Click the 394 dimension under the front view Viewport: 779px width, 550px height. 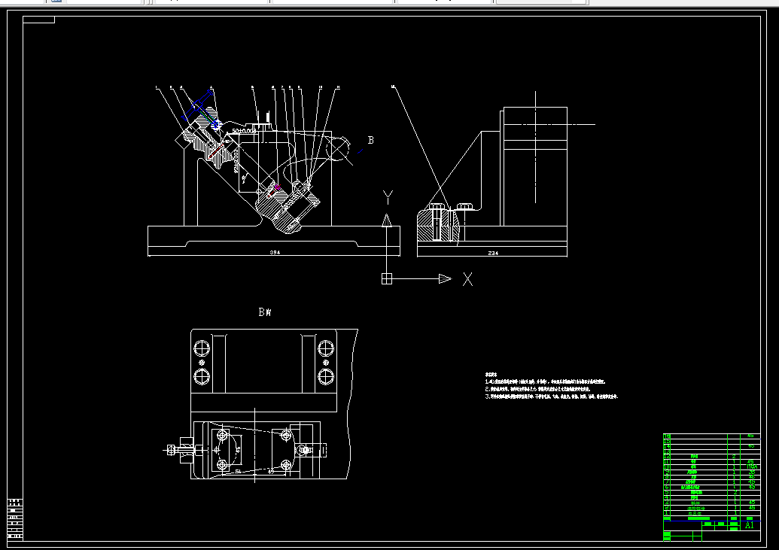coord(275,253)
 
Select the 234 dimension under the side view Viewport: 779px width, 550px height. coord(493,253)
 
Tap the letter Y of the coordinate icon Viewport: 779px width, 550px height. coord(388,197)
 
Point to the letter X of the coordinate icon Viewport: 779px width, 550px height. coord(467,279)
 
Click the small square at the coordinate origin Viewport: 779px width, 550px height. coord(387,279)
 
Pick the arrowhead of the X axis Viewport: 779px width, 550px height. coord(444,279)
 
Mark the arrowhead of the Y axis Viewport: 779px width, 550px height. coord(387,220)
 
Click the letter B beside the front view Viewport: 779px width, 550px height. coord(370,140)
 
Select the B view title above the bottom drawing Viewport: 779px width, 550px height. coord(264,312)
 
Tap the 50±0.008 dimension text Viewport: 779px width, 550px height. coord(244,130)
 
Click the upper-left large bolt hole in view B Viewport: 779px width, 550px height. coord(202,348)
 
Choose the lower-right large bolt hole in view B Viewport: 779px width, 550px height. coord(326,375)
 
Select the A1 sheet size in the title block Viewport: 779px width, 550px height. coord(749,525)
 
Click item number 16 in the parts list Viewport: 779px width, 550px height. coord(667,436)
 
